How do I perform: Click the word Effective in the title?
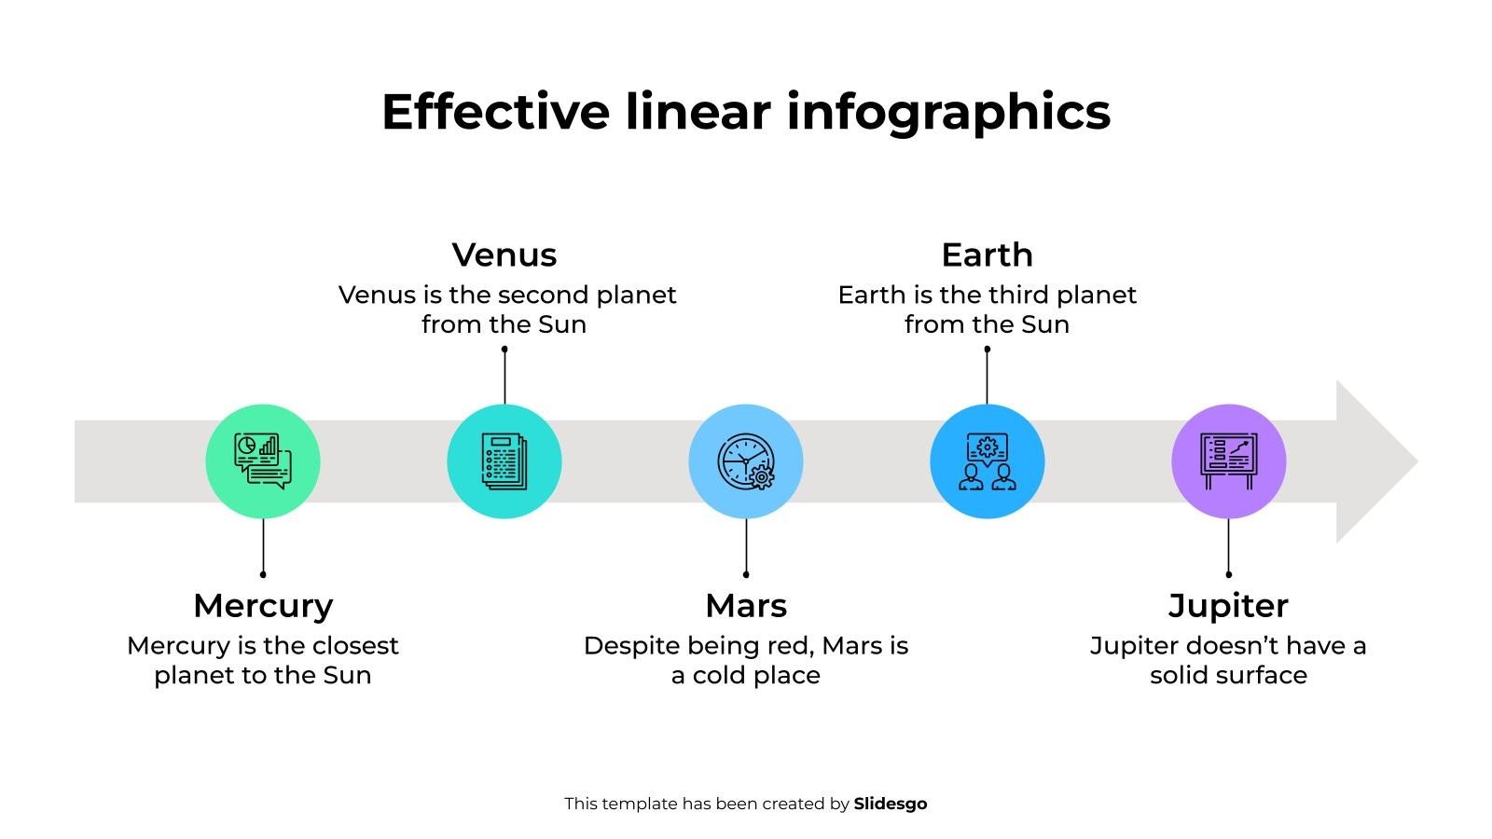point(495,111)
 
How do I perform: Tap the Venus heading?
point(504,255)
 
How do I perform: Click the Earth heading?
point(988,255)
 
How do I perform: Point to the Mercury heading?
point(263,607)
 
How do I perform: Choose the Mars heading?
point(746,606)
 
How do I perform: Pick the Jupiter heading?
point(1228,607)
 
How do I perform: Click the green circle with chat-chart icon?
point(263,461)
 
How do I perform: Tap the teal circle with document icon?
point(504,461)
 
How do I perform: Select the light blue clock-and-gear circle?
point(746,461)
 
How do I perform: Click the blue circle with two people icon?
point(988,461)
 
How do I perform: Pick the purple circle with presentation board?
point(1229,461)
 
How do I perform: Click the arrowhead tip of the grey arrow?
point(1417,461)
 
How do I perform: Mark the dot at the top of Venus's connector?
point(504,349)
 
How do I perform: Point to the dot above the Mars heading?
point(746,574)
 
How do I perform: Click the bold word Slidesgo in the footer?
point(891,804)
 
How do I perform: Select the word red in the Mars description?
point(796,647)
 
